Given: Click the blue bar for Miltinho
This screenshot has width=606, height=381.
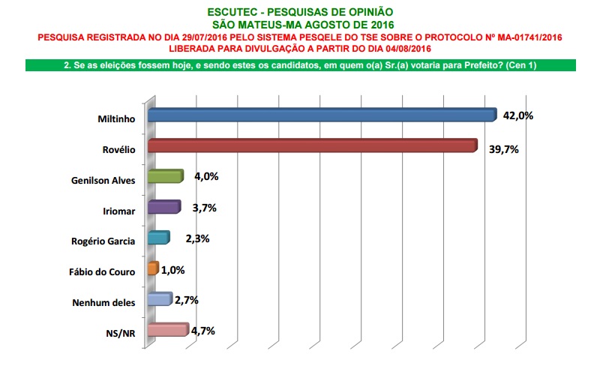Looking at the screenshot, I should tap(322, 115).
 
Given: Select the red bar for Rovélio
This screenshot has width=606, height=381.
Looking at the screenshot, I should tap(312, 145).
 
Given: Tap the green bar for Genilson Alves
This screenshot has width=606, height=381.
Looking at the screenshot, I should tap(165, 176).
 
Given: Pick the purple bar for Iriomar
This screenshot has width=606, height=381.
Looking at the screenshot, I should tap(163, 207).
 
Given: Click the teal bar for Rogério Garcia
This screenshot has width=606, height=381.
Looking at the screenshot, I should tap(158, 238).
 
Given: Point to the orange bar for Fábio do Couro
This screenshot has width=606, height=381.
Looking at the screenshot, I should tap(153, 268).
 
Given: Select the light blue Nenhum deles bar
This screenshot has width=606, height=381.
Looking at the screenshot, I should tap(160, 299).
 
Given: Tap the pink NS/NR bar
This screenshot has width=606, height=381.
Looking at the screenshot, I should tap(167, 330).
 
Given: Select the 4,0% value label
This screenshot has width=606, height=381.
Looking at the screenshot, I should tap(205, 177).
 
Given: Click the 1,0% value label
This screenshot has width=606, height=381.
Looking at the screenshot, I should tap(172, 270).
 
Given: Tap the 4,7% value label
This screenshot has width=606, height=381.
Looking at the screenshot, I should tap(202, 329).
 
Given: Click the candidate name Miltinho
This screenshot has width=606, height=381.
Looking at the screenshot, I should tap(117, 118).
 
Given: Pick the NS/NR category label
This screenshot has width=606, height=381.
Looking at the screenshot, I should tap(123, 334).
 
